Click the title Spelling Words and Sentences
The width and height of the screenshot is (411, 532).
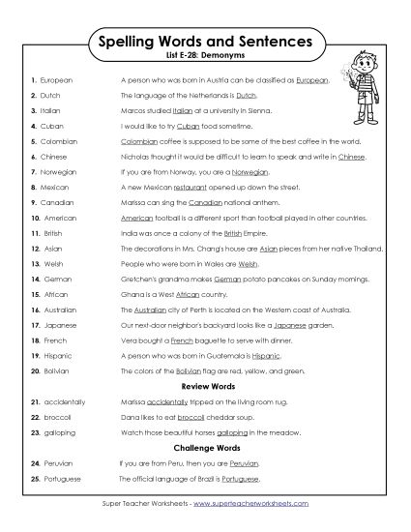(204, 43)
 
